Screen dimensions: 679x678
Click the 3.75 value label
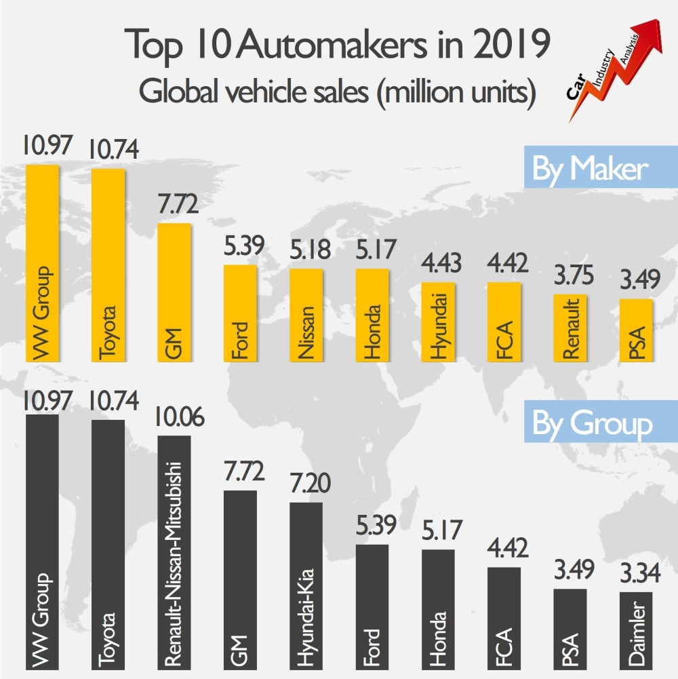[x=572, y=277]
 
